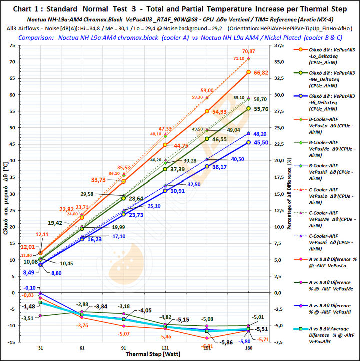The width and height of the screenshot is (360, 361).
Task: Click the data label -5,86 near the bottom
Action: tap(226, 342)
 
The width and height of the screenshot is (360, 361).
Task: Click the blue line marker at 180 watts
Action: tap(249, 142)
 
